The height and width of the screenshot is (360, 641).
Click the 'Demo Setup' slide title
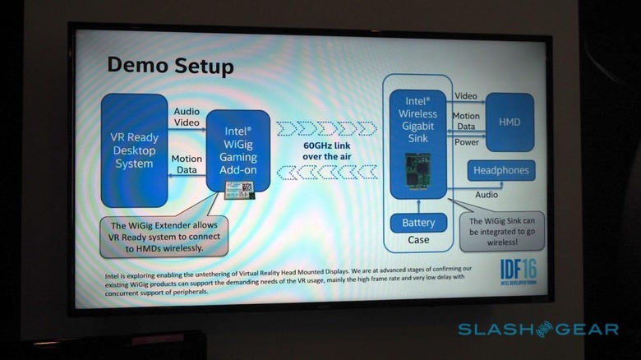coord(171,66)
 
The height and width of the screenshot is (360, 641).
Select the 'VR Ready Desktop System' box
coord(133,150)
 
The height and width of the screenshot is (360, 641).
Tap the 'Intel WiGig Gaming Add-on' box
coord(237,149)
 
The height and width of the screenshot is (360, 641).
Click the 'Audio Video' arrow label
coord(187,117)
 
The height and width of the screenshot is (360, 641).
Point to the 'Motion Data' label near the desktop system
coord(187,164)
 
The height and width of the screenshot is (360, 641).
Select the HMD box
coord(509,122)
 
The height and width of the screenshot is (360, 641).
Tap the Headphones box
coord(501,170)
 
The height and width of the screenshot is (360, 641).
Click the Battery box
coord(418,223)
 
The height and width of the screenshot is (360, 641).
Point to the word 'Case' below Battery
coord(418,240)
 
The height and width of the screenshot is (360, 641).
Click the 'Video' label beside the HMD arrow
coord(466,96)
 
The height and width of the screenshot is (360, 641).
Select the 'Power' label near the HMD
coord(466,142)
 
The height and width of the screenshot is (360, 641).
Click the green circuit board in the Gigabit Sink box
coord(419,173)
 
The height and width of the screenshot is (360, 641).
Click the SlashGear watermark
coord(537,330)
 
